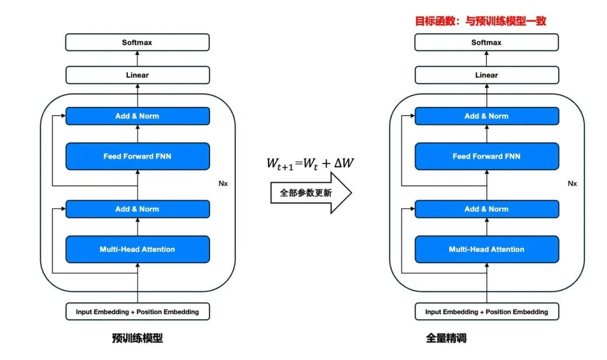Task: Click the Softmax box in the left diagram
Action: [x=137, y=43]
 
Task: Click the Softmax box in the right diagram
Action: [x=486, y=43]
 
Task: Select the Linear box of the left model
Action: [x=137, y=75]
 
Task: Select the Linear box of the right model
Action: [x=486, y=75]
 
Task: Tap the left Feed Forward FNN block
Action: [x=137, y=156]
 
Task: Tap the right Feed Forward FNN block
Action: [x=486, y=156]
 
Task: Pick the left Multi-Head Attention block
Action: [x=137, y=249]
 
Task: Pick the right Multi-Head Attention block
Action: [x=486, y=249]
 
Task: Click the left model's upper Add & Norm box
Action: [x=137, y=116]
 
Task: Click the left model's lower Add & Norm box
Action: [x=137, y=209]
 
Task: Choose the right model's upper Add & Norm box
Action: [x=486, y=116]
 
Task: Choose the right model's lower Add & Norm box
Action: [x=486, y=209]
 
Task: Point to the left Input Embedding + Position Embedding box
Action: [x=137, y=312]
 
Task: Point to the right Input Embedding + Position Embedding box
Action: [x=486, y=312]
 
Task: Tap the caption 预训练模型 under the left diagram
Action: [x=137, y=338]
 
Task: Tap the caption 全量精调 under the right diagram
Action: [x=446, y=338]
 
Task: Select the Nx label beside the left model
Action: [x=223, y=183]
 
